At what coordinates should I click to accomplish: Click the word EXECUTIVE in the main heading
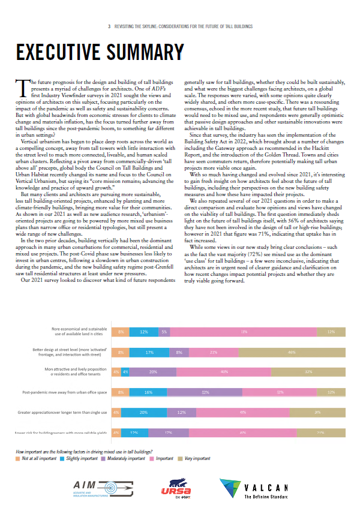coord(60,53)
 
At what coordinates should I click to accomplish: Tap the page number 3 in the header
coord(109,26)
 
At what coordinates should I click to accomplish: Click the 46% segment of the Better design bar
coord(292,352)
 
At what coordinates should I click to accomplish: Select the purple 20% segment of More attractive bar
coord(153,372)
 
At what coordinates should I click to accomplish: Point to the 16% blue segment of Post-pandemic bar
coord(148,392)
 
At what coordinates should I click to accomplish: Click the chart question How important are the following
coord(84,450)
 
